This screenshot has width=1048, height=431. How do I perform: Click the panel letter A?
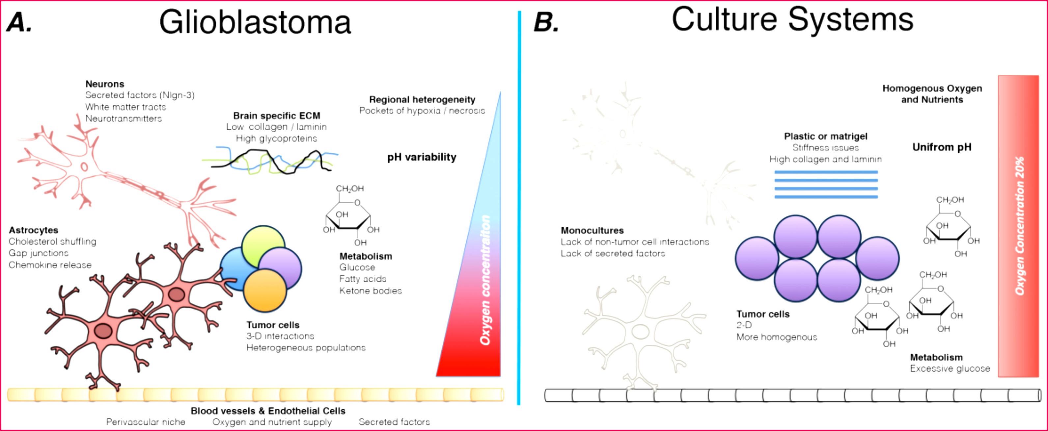tap(19, 23)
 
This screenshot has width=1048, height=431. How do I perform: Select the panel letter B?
tap(546, 23)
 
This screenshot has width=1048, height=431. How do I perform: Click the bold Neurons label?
tap(104, 84)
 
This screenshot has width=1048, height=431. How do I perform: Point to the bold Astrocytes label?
tap(33, 230)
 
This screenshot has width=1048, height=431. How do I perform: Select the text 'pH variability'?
tap(422, 157)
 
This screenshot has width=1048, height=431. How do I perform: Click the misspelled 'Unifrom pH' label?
tap(942, 147)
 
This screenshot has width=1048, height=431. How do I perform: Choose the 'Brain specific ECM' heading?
tap(277, 116)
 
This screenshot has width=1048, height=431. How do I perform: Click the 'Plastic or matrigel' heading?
tap(825, 137)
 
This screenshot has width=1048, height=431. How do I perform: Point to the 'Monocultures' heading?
tap(592, 231)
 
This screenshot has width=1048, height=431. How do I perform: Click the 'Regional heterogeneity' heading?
tap(422, 99)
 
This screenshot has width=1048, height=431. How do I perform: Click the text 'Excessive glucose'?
tap(950, 369)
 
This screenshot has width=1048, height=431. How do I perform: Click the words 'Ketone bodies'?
tap(370, 291)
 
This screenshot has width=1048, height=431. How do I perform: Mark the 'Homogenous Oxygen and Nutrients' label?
tap(932, 94)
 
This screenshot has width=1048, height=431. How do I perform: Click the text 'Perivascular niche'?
tap(146, 422)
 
